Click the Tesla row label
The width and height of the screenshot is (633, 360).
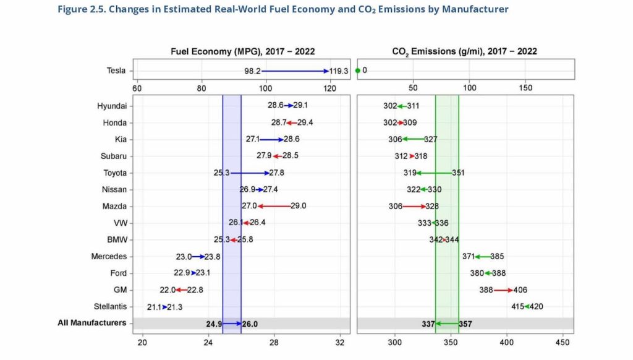pyautogui.click(x=116, y=71)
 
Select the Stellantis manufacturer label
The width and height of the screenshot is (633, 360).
pyautogui.click(x=109, y=306)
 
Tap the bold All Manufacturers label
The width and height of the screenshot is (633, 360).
pyautogui.click(x=92, y=323)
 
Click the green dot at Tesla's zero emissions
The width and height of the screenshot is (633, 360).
pyautogui.click(x=358, y=71)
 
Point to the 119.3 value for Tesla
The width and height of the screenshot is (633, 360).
pyautogui.click(x=339, y=71)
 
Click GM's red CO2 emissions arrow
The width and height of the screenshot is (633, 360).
pyautogui.click(x=503, y=289)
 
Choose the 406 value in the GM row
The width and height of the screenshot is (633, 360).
pyautogui.click(x=520, y=289)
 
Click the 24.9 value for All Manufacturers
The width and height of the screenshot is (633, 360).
pyautogui.click(x=214, y=324)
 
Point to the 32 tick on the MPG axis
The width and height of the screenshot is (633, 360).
pyautogui.click(x=340, y=342)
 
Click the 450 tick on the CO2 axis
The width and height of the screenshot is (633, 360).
pyautogui.click(x=563, y=342)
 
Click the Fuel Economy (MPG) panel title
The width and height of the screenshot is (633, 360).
pyautogui.click(x=242, y=52)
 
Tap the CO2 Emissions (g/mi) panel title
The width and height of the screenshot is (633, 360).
pyautogui.click(x=464, y=52)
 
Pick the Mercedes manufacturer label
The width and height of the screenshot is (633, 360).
pyautogui.click(x=109, y=256)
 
